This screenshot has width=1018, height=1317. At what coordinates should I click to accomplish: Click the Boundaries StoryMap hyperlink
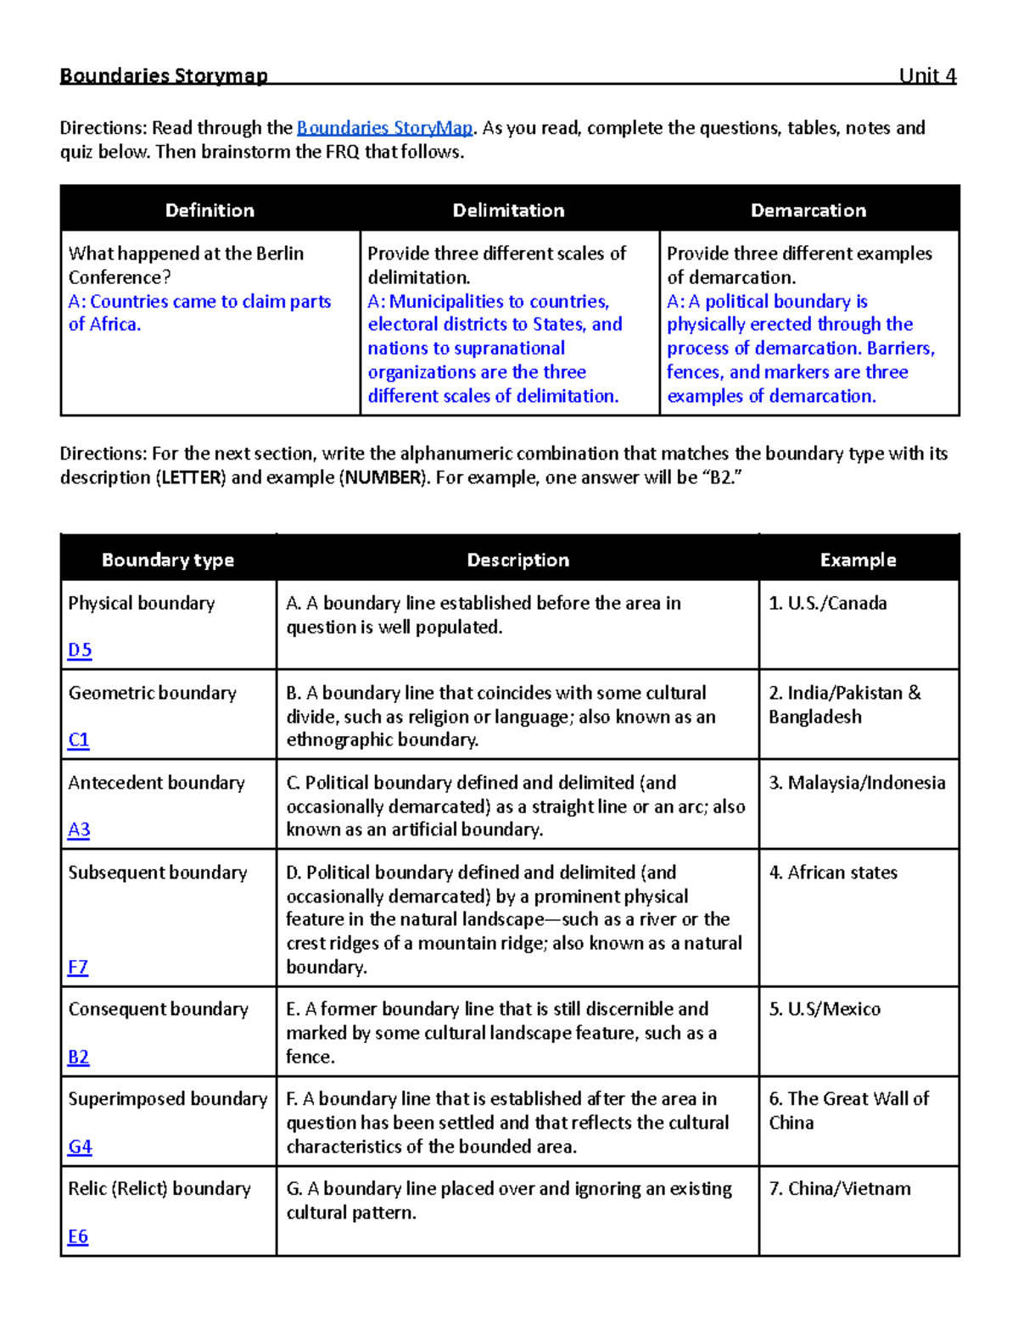(384, 128)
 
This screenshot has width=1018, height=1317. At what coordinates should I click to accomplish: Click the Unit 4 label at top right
(927, 75)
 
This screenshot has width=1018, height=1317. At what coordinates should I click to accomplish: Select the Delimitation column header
(508, 210)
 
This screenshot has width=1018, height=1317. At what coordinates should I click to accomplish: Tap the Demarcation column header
(808, 210)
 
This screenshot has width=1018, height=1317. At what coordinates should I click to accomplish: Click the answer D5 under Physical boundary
(80, 650)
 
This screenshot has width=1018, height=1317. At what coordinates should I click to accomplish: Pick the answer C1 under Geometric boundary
(79, 739)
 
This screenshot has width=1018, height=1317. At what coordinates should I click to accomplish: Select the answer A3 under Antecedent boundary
(79, 829)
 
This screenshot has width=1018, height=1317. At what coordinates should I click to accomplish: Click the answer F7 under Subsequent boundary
(78, 967)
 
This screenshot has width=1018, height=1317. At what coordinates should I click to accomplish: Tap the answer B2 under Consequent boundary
(79, 1057)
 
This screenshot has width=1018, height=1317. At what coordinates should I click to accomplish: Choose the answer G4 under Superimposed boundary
(80, 1147)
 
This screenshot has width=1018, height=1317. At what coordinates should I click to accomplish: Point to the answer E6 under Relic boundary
(78, 1236)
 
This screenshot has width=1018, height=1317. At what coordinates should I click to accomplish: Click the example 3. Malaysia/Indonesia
(857, 783)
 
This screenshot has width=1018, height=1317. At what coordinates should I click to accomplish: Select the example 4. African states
(833, 873)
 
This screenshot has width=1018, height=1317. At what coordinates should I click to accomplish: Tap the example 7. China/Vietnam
(840, 1189)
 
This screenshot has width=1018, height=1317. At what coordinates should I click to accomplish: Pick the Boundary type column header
(168, 560)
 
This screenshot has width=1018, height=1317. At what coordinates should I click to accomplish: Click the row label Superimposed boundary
(168, 1099)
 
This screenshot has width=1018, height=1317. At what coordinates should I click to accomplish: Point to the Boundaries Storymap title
(164, 75)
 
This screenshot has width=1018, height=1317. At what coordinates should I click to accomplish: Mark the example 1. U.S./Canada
(828, 603)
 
